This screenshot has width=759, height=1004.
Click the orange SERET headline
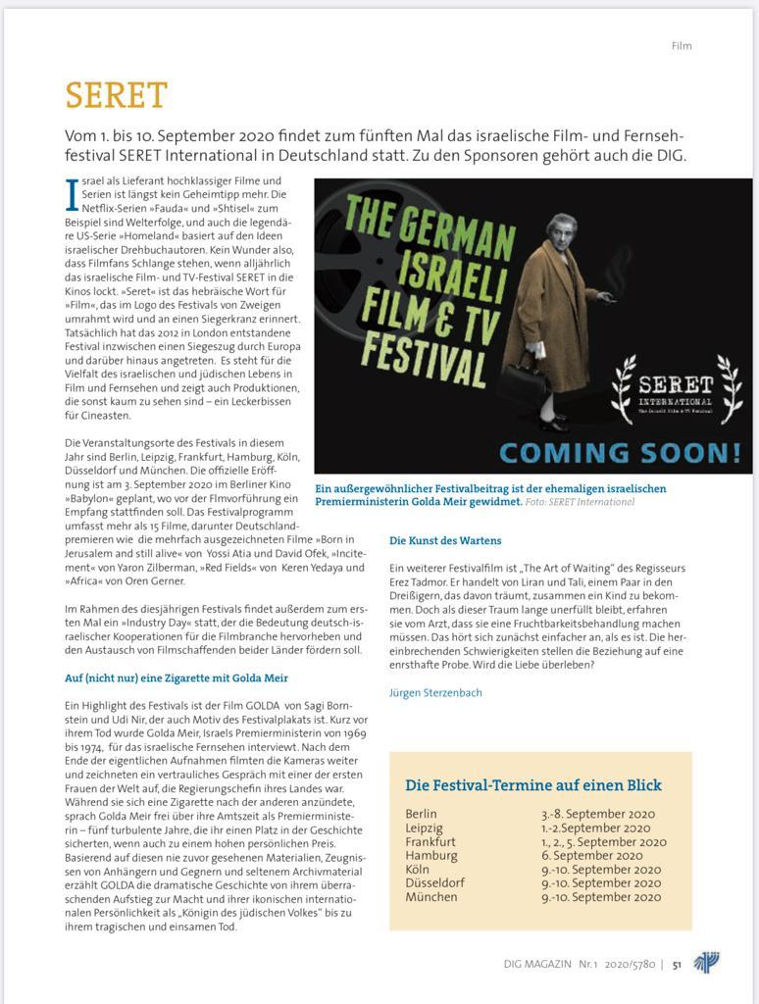click(x=116, y=96)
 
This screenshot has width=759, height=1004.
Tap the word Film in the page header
click(x=682, y=46)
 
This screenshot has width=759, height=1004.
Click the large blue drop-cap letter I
click(x=71, y=193)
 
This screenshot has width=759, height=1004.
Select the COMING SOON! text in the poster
click(x=620, y=453)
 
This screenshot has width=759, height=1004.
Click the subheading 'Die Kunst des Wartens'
click(x=445, y=540)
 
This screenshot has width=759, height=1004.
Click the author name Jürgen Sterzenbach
click(x=435, y=692)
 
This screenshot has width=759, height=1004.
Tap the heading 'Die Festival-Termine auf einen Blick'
click(x=533, y=785)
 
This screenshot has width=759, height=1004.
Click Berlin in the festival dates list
click(x=422, y=814)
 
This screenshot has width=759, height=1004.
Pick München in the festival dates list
click(x=431, y=896)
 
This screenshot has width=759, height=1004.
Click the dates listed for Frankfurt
click(x=603, y=841)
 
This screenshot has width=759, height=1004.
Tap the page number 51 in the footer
click(x=677, y=964)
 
